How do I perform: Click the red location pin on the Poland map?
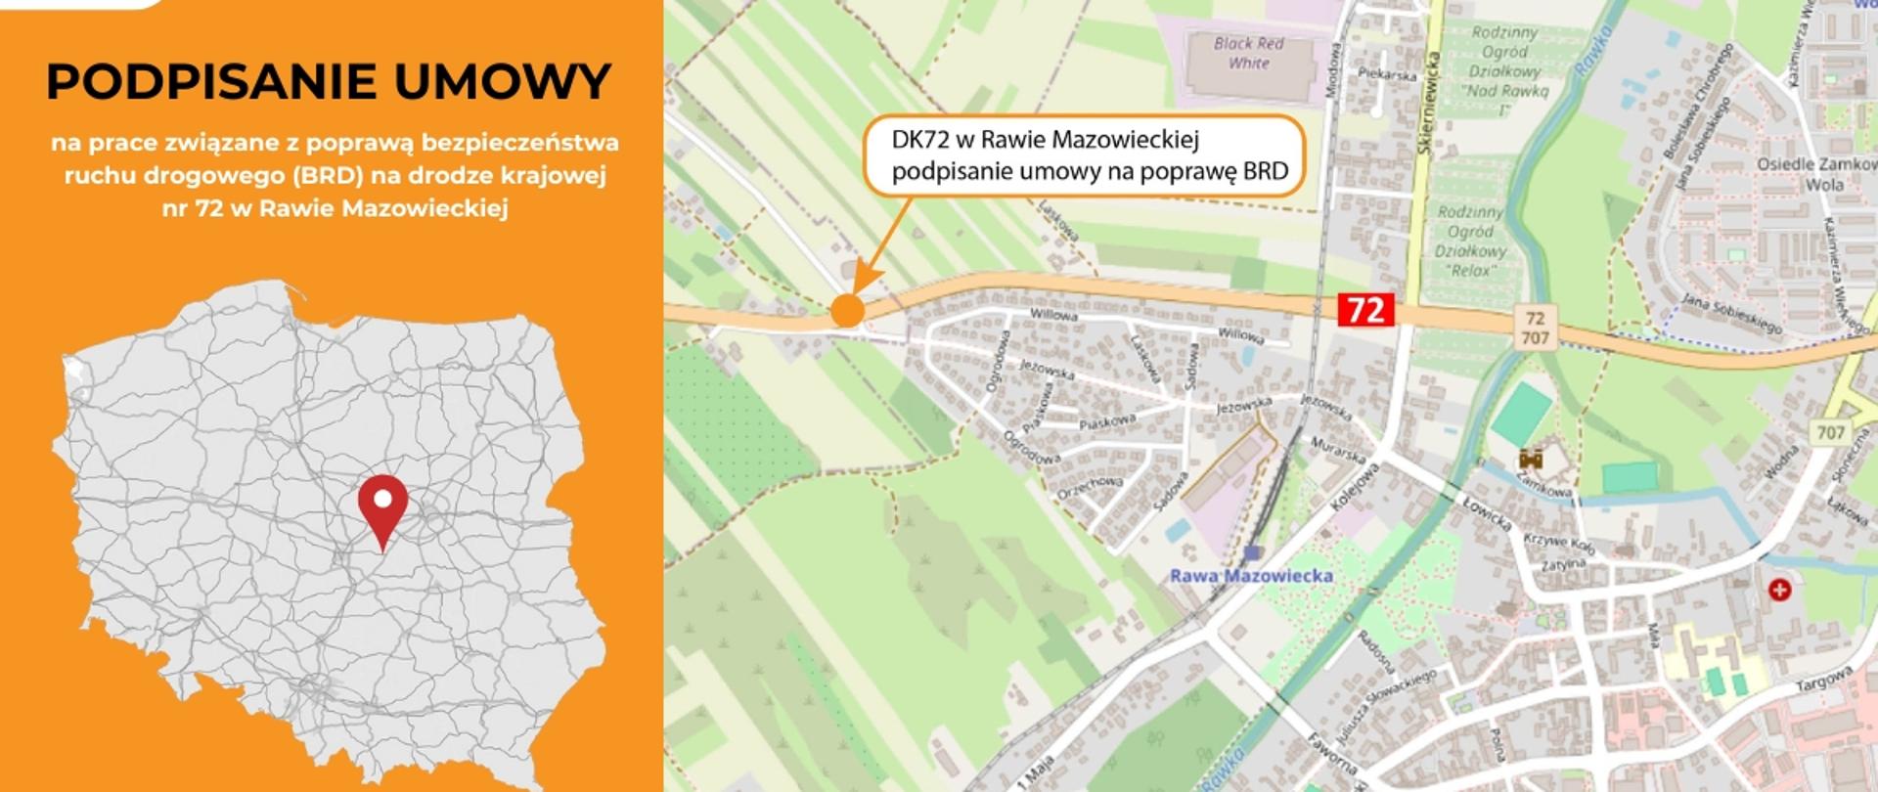tap(382, 504)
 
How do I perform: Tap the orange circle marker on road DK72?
tap(847, 311)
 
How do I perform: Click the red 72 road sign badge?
tap(1365, 310)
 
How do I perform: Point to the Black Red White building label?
tap(1248, 53)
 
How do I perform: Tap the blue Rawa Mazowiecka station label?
tap(1251, 576)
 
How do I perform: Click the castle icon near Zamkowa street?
tap(1531, 458)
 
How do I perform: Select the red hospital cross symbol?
tap(1779, 590)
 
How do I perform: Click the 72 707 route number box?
tap(1535, 328)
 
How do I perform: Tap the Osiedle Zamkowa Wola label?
tap(1815, 174)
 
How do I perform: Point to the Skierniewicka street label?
tap(1429, 104)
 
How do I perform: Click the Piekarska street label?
tap(1387, 74)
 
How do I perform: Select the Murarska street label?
tap(1337, 451)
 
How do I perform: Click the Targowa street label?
tap(1824, 680)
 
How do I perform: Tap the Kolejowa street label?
tap(1355, 487)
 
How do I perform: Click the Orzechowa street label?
tap(1090, 488)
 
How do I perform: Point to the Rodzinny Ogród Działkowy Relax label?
tap(1470, 241)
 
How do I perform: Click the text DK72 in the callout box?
tap(920, 140)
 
